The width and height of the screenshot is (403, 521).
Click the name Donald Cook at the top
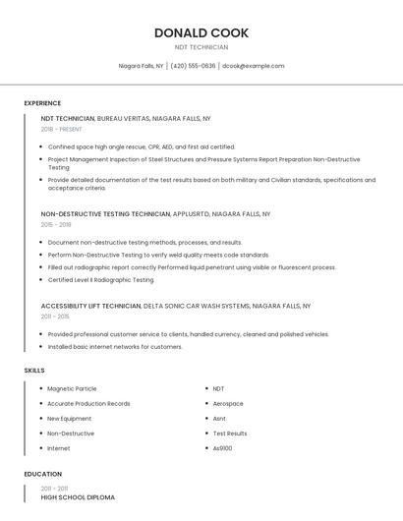[x=201, y=32]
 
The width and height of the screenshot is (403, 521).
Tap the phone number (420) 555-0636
[x=193, y=66]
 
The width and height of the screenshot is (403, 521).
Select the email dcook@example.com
[x=253, y=66]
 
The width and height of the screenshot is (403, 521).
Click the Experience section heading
[x=42, y=103]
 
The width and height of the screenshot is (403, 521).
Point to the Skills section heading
[x=34, y=370]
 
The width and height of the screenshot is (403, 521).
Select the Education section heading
[x=41, y=474]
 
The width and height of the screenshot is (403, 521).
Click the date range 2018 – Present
[x=63, y=129]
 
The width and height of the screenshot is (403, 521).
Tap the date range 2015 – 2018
[x=56, y=224]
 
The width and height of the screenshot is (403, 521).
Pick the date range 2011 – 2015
[x=55, y=317]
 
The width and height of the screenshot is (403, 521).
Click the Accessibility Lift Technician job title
[x=90, y=306]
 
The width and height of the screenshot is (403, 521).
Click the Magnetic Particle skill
[x=72, y=388]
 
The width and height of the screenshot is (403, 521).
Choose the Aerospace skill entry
[x=228, y=403]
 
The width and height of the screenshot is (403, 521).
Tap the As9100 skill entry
[x=223, y=448]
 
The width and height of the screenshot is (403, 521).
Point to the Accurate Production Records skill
[x=88, y=403]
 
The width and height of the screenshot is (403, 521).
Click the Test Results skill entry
[x=230, y=434]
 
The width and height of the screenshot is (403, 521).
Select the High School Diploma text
[x=78, y=497]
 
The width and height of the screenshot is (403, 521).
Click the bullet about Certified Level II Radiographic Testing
[x=101, y=279]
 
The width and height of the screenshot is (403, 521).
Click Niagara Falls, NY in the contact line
[x=141, y=66]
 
